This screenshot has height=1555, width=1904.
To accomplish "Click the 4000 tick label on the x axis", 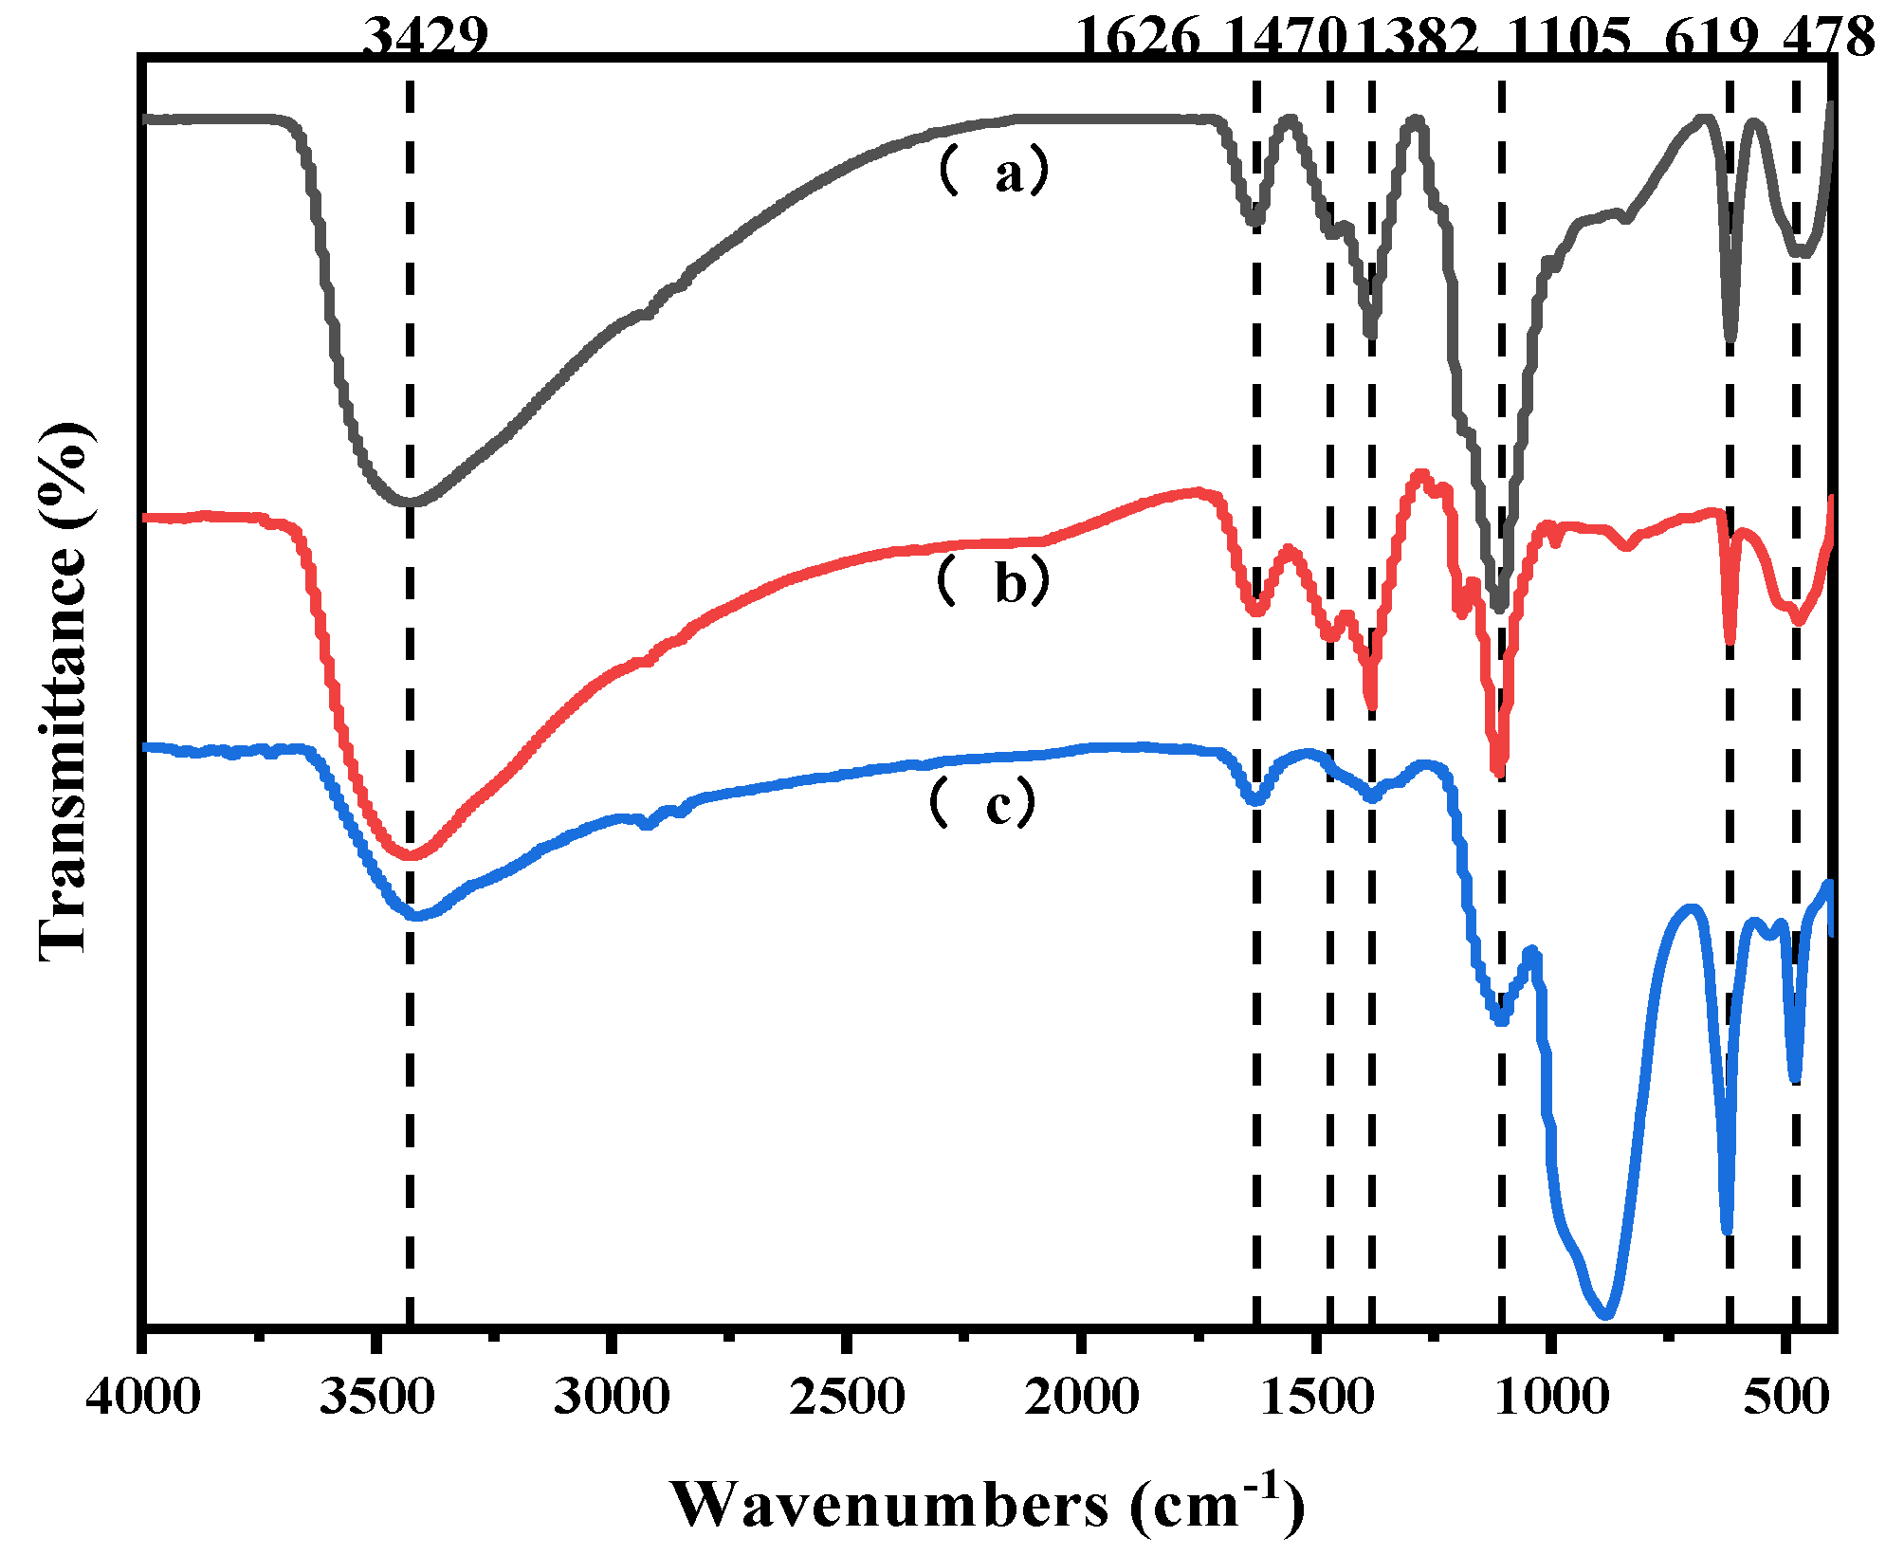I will [x=142, y=1397].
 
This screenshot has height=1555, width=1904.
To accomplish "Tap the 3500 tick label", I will [x=376, y=1397].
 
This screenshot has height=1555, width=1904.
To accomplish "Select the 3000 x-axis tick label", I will [x=612, y=1397].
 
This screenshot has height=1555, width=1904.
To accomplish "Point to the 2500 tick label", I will [x=846, y=1397].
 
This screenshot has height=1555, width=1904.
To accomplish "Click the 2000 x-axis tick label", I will [x=1081, y=1397].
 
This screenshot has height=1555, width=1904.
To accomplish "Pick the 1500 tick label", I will [x=1315, y=1397].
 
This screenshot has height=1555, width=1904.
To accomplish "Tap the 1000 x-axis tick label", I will [x=1550, y=1397].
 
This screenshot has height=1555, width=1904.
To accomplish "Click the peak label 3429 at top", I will [x=426, y=38].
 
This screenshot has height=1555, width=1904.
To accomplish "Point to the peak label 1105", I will [x=1569, y=38].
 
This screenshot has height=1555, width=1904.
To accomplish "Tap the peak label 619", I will [x=1712, y=38].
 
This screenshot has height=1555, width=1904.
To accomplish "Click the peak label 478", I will [x=1828, y=38].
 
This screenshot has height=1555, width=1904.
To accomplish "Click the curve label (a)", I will [x=994, y=172].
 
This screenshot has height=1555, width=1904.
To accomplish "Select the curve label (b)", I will [x=994, y=580].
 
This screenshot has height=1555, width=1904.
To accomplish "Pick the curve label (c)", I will [x=982, y=802].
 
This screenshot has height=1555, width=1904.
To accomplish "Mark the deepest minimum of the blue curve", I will [x=1604, y=1314].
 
